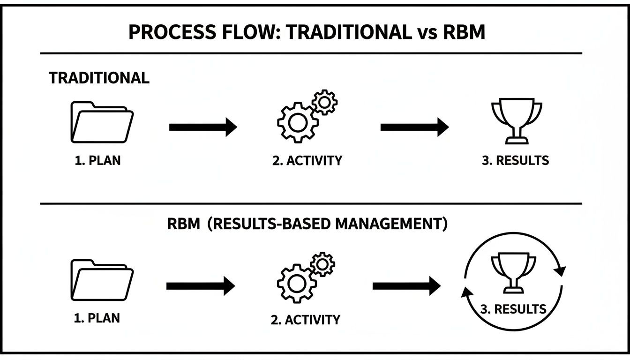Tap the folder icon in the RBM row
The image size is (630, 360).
[x=102, y=280]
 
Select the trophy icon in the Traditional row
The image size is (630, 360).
[x=516, y=120]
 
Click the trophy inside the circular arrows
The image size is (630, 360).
[x=513, y=272]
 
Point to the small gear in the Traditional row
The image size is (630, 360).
[x=324, y=102]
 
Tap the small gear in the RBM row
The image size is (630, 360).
[x=322, y=264]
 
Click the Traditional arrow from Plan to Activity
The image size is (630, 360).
[x=203, y=127]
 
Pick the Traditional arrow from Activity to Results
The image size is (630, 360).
[x=414, y=127]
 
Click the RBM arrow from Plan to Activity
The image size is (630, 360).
[x=201, y=285]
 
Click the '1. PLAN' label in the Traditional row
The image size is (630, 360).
[x=97, y=160]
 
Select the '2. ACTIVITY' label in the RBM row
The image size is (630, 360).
[x=305, y=320]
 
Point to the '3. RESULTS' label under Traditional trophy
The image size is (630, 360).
[x=515, y=160]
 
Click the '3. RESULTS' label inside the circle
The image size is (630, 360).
[x=513, y=309]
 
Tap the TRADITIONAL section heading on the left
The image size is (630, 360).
[x=99, y=78]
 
